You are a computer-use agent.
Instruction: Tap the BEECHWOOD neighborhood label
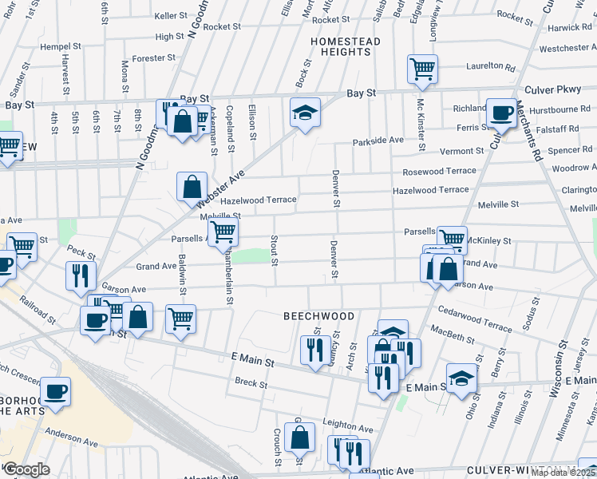(319, 316)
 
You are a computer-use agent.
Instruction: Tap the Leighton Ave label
(348, 428)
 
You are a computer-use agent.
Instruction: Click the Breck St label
(251, 383)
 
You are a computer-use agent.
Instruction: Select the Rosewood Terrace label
(439, 171)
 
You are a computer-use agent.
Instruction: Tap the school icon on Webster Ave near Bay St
(304, 113)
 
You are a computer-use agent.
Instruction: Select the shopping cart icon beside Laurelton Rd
(421, 68)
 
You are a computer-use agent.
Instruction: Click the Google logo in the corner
(26, 469)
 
